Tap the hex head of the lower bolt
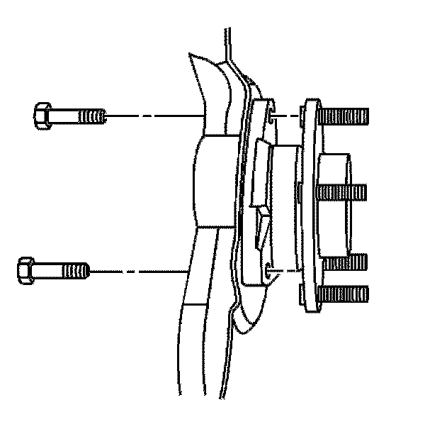[x=25, y=270]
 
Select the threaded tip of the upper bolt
[x=94, y=115]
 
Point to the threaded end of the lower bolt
[x=77, y=270]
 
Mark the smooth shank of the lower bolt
[x=49, y=270]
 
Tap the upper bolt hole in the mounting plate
[x=270, y=113]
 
